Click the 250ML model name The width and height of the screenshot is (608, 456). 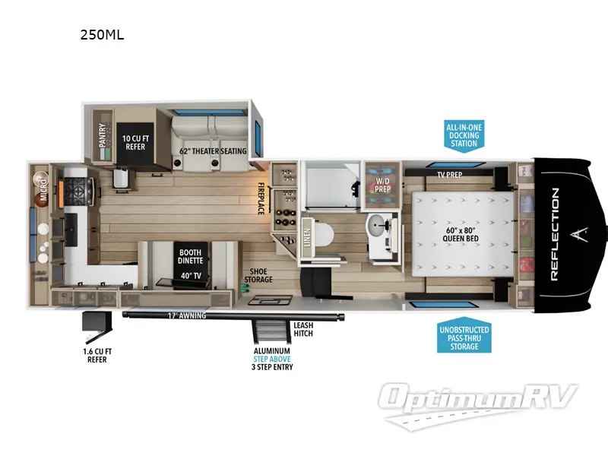tap(102, 34)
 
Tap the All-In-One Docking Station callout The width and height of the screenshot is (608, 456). tap(464, 135)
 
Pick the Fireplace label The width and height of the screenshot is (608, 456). tap(260, 198)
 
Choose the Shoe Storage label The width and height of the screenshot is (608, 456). tap(258, 275)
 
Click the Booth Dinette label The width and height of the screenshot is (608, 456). tap(190, 257)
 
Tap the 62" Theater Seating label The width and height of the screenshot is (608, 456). tap(213, 151)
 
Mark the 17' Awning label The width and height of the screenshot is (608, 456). tap(186, 315)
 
